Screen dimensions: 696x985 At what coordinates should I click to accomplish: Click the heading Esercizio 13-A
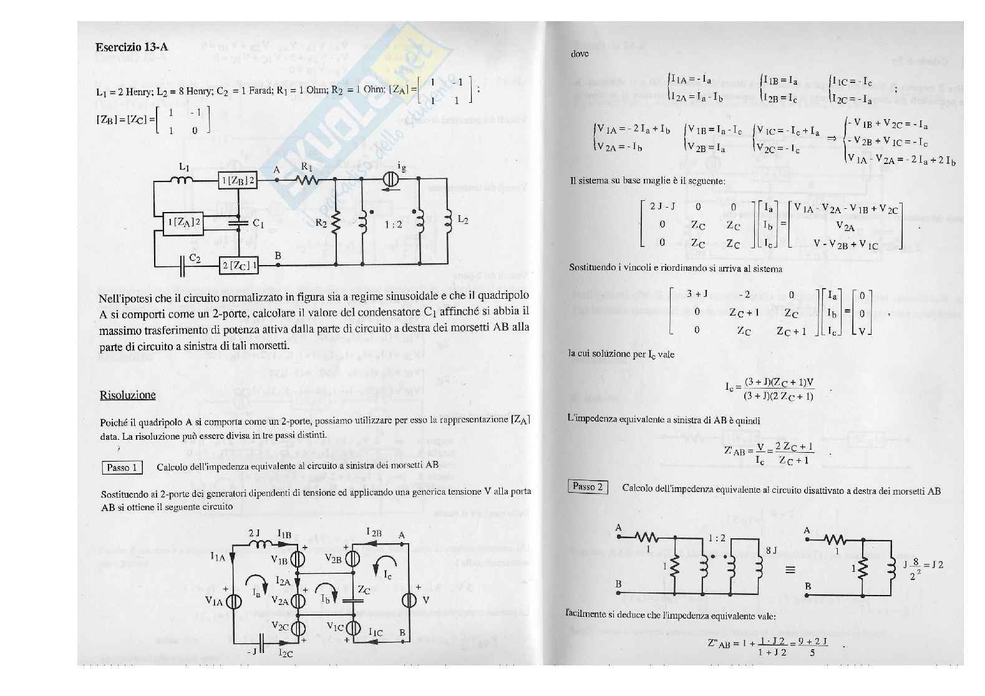132,47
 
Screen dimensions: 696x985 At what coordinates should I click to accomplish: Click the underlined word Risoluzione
127,395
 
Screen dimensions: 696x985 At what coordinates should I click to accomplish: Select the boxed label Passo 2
588,486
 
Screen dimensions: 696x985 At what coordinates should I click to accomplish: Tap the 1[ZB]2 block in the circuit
238,180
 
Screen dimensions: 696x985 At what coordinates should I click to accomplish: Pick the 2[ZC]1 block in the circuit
238,265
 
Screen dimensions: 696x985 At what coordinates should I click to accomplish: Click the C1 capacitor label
258,223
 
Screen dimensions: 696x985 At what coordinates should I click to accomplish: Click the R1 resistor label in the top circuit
307,167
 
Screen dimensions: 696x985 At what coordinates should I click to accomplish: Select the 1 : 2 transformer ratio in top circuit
393,224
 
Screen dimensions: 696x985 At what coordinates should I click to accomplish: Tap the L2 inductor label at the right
462,220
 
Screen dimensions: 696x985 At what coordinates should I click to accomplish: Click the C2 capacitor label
195,258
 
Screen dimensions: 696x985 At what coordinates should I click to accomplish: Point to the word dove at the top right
580,54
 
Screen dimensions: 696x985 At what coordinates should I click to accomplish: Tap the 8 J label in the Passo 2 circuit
771,550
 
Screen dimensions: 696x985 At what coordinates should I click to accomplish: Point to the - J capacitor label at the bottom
251,651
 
